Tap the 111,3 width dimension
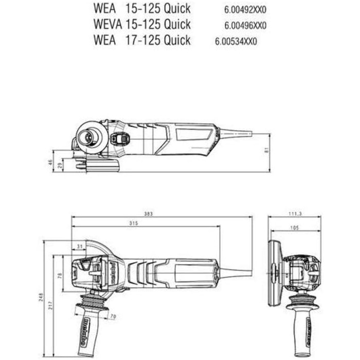pyautogui.click(x=295, y=213)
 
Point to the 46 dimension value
pyautogui.click(x=50, y=161)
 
